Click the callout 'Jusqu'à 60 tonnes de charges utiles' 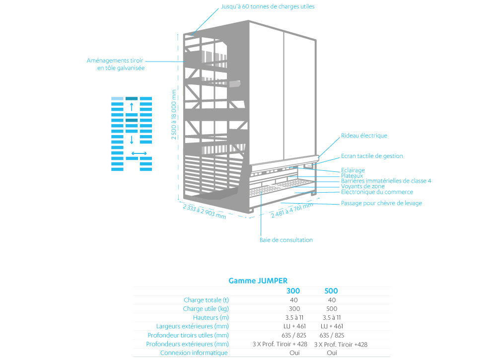pos(268,6)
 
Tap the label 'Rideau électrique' pos(364,136)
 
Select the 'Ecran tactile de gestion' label pos(372,155)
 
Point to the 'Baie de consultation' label pos(286,240)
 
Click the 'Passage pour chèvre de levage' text pos(381,203)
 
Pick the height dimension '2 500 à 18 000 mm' pos(174,115)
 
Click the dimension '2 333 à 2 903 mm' pos(205,212)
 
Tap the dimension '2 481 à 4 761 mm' pos(291,210)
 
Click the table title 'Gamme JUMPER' pos(258,281)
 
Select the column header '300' pos(293,291)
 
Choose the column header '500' pos(331,291)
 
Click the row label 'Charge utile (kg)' pos(206,309)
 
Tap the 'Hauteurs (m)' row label pos(211,318)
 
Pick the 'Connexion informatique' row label pos(194,353)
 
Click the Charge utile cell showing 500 pos(332,309)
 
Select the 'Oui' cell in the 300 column pos(294,353)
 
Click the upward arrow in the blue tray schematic pos(132,107)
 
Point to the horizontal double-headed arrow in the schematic pos(139,153)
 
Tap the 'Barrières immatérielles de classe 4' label pos(386,181)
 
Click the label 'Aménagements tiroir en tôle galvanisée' pos(116,64)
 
